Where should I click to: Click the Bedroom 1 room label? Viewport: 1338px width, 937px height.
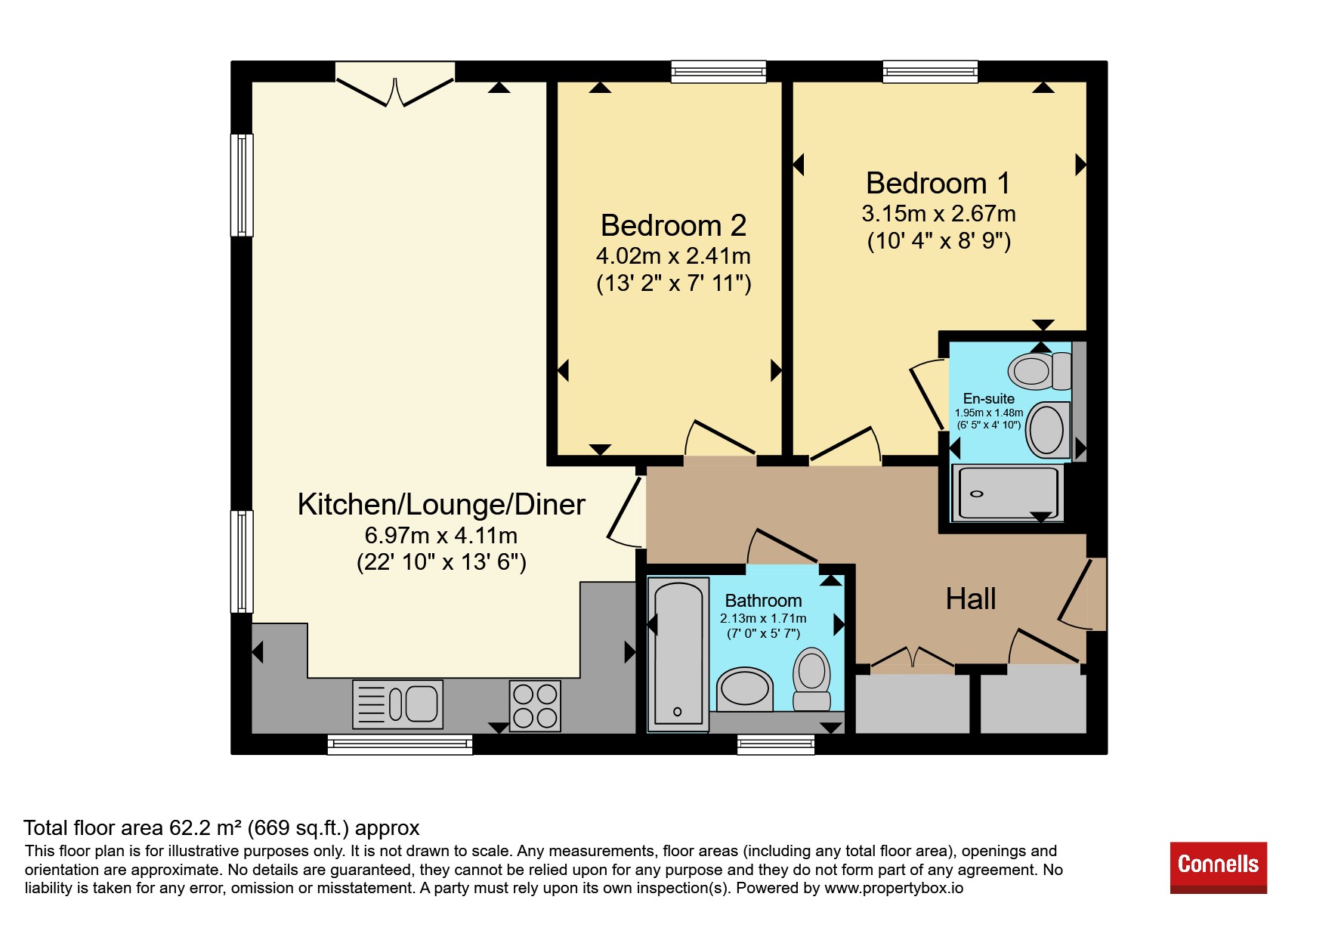(938, 184)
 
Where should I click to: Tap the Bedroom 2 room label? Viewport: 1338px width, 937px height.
(673, 226)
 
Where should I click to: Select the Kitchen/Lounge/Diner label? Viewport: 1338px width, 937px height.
(441, 505)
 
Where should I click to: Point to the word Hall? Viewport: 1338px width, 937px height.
(971, 599)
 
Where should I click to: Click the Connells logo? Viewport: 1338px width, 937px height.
(1218, 867)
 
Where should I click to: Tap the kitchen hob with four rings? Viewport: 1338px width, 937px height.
(535, 706)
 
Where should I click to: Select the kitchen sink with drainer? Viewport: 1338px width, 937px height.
(397, 704)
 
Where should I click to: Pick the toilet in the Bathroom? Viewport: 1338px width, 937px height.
(811, 679)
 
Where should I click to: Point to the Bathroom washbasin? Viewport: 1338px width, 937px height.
(745, 689)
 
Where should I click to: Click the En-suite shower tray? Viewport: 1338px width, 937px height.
(1008, 493)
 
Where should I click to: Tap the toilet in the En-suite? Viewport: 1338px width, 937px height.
(1040, 370)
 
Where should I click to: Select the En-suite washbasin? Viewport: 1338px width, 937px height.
(1049, 429)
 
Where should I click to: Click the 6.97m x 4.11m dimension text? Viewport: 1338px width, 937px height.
(441, 536)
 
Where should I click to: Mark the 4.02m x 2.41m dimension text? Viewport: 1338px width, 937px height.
(673, 256)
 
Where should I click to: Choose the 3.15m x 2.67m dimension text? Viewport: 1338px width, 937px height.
(938, 214)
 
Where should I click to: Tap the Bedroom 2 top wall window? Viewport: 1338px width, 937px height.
(718, 72)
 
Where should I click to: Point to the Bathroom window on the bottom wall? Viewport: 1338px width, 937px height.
(776, 744)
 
